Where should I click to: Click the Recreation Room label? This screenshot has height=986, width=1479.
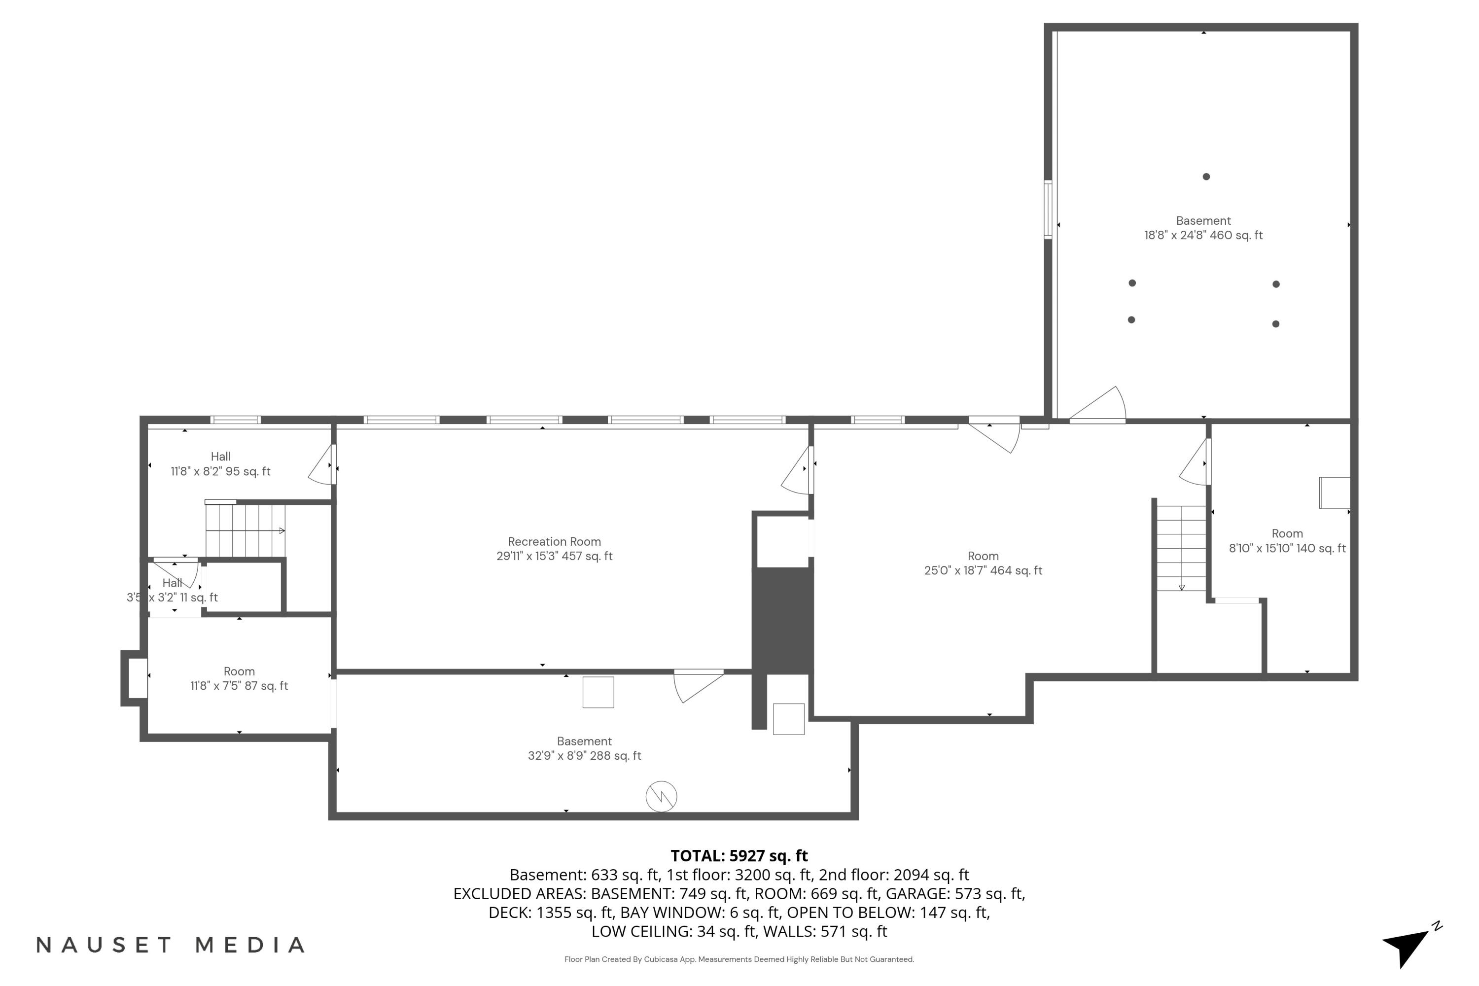click(x=554, y=541)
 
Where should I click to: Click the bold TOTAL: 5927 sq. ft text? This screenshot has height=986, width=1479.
click(x=739, y=855)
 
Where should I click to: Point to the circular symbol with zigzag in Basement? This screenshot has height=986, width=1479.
click(x=661, y=797)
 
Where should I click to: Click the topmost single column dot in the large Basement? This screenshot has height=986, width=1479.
click(x=1205, y=176)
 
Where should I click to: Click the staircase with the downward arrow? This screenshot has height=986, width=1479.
click(x=1181, y=548)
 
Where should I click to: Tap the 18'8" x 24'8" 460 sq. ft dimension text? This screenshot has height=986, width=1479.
click(x=1202, y=236)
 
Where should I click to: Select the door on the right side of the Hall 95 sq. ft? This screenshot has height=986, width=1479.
click(x=324, y=465)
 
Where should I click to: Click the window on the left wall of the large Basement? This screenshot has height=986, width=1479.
click(x=1048, y=210)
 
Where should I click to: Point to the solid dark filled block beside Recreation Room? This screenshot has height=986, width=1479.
click(x=782, y=620)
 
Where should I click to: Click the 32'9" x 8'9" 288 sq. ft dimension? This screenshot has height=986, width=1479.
click(x=584, y=756)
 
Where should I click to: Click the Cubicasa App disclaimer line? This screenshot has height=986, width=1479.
click(x=739, y=959)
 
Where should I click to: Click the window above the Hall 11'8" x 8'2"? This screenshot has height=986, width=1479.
click(x=235, y=420)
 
